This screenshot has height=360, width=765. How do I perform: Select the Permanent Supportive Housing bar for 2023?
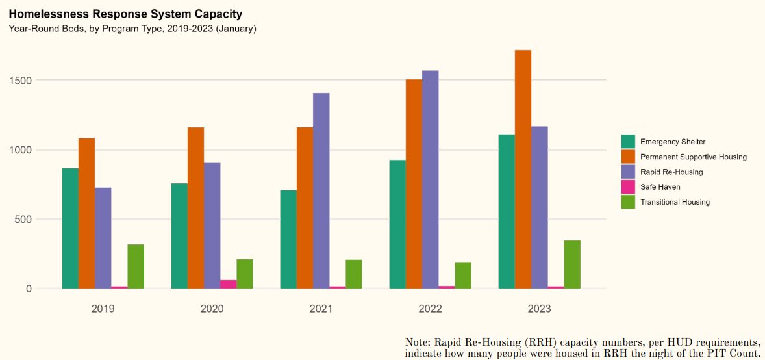click(523, 169)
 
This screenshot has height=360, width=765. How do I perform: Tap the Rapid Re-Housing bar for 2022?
click(430, 179)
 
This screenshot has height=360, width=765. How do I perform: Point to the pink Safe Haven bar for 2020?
click(229, 284)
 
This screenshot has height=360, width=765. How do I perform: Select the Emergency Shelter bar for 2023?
click(507, 211)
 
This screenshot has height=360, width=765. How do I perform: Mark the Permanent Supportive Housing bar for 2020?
click(195, 208)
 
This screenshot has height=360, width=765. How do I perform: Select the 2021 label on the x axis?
click(321, 309)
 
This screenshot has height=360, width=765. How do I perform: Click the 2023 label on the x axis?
click(539, 309)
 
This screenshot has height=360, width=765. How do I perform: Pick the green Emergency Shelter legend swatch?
click(628, 142)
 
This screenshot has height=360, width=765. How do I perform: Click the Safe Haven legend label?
click(660, 187)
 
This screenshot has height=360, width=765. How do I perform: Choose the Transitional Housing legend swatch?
click(628, 202)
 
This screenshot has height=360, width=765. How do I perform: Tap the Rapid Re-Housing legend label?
click(671, 172)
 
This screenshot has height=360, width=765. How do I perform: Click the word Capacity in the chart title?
click(219, 14)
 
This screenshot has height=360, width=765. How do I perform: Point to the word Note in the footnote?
click(416, 342)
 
